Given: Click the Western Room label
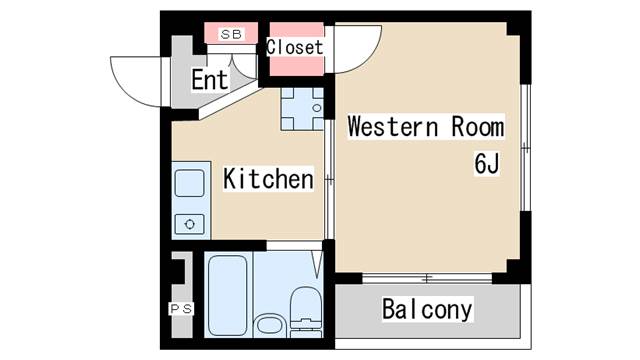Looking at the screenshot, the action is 426,127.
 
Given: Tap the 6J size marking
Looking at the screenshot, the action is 487,163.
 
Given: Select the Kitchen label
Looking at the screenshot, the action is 269,179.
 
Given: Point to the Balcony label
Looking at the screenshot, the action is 427,309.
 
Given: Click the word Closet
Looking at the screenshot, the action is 295,47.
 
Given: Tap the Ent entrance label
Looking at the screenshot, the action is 210,80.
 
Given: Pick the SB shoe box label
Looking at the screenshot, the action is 231,34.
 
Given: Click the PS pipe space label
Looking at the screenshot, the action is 181,309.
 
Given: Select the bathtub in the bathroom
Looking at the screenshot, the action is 228,295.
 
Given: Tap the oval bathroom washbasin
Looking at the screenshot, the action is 269,326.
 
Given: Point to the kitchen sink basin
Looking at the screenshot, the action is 189,184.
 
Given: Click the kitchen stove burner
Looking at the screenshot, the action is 189,224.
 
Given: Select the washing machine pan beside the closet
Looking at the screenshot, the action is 302,109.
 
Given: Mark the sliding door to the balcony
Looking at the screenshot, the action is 427,279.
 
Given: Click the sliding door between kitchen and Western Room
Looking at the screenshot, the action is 329,179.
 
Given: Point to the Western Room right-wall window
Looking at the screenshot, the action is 526,148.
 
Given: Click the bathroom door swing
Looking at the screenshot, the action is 318,264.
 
